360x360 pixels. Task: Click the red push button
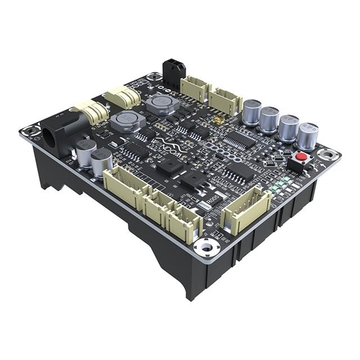click(x=302, y=156)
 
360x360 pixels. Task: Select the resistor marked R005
click(x=214, y=198)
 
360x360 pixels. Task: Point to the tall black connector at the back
click(x=173, y=72)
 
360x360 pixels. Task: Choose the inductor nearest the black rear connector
click(x=157, y=104)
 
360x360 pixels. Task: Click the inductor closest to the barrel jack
click(x=124, y=120)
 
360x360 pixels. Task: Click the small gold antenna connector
click(x=216, y=121)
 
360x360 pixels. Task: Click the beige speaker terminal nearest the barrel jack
click(x=89, y=112)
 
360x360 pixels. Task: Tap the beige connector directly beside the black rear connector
click(x=195, y=87)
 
